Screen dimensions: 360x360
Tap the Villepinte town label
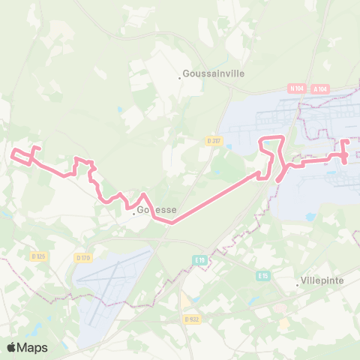pyautogui.click(x=322, y=280)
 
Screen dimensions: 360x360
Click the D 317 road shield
pyautogui.click(x=214, y=140)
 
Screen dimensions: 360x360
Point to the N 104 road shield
pyautogui.click(x=297, y=88)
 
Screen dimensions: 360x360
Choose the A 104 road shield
pyautogui.click(x=321, y=88)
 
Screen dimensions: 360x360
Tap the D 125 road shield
pyautogui.click(x=39, y=256)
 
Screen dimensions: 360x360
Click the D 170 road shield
pyautogui.click(x=82, y=258)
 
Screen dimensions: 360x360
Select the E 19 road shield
pyautogui.click(x=199, y=259)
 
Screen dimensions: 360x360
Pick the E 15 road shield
pyautogui.click(x=262, y=276)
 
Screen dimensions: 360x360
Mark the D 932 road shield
pyautogui.click(x=192, y=319)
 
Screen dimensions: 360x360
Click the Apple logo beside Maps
pyautogui.click(x=12, y=347)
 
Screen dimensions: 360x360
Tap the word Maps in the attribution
pyautogui.click(x=34, y=347)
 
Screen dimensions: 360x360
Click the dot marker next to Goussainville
pyautogui.click(x=180, y=76)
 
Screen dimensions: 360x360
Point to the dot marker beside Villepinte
pyautogui.click(x=297, y=281)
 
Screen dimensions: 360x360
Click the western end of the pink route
pyautogui.click(x=13, y=155)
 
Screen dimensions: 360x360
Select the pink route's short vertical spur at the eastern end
pyautogui.click(x=344, y=150)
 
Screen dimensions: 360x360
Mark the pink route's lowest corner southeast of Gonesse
pyautogui.click(x=172, y=222)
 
